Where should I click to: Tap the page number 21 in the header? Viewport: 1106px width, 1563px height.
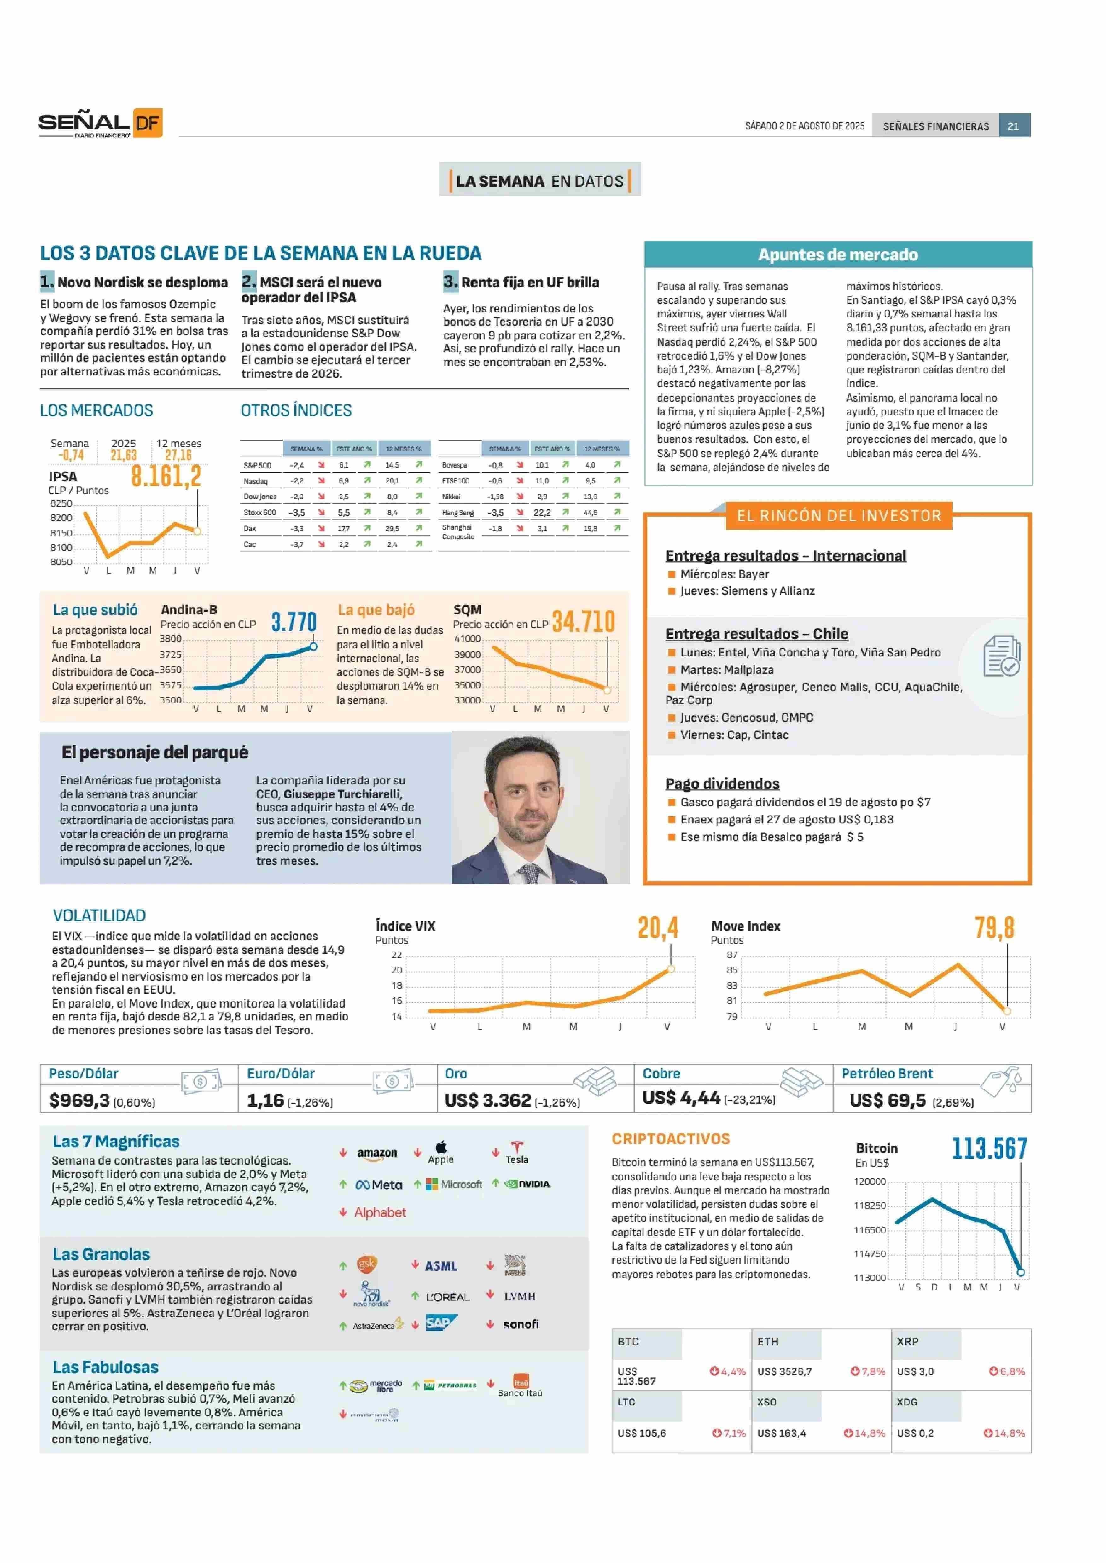click(1013, 126)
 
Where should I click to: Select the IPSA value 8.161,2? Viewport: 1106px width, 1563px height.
click(166, 476)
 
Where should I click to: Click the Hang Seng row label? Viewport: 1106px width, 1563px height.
click(458, 513)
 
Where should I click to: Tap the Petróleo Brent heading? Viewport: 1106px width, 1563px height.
click(888, 1074)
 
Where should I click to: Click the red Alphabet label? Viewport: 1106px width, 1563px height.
click(380, 1212)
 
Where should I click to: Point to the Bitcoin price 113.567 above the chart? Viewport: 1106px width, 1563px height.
click(990, 1148)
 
